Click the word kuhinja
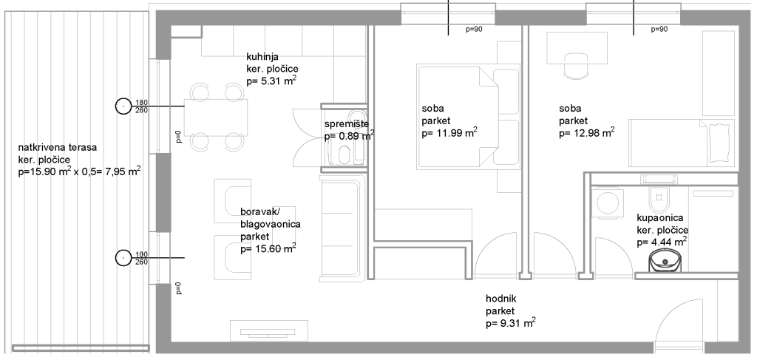(262, 58)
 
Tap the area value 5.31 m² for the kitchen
(271, 81)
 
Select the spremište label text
(347, 124)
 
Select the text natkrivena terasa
(58, 148)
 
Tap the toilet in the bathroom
(657, 195)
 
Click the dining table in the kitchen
(216, 118)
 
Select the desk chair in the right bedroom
(577, 66)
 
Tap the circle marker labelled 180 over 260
(123, 106)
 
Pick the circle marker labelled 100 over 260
(123, 258)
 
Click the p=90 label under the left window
(474, 29)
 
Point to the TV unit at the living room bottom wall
(269, 330)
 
